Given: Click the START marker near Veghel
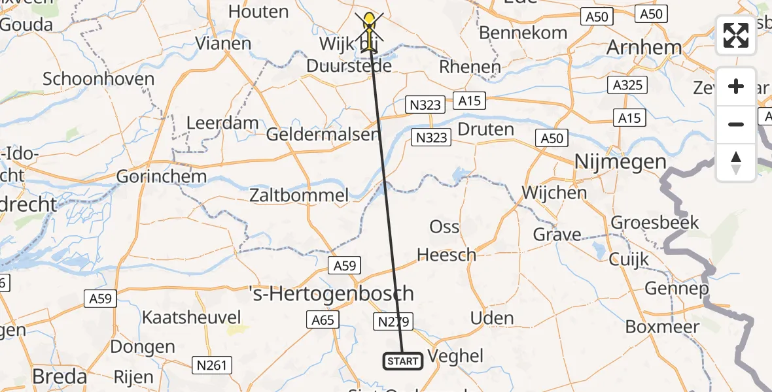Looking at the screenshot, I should coord(402,361).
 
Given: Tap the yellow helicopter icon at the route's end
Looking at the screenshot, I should coord(370,31).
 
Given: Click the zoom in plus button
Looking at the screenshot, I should coord(736,87).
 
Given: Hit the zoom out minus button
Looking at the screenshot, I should coord(736,124).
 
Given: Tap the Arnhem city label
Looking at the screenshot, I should coord(644,47).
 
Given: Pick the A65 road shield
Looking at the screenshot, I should coord(321,319).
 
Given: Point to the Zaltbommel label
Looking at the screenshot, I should coord(299,195).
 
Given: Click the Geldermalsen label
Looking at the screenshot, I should coord(323,135).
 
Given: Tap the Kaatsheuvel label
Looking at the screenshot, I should coord(192,318).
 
